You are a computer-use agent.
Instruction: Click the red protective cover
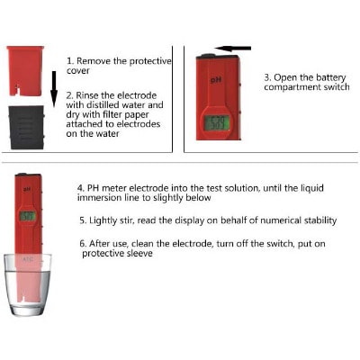click(25, 70)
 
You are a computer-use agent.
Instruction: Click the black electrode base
click(26, 127)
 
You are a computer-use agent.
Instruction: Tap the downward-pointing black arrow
click(54, 89)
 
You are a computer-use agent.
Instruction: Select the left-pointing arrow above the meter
click(233, 49)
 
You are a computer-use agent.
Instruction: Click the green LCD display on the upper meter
click(217, 122)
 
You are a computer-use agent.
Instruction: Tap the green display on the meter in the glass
click(27, 216)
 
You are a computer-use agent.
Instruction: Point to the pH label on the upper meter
click(216, 80)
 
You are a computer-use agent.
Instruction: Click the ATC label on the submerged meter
click(28, 259)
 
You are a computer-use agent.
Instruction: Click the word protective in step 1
click(150, 61)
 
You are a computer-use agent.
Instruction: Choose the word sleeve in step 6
click(139, 254)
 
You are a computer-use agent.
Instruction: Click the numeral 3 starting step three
click(267, 77)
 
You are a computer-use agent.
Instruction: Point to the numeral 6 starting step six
click(83, 244)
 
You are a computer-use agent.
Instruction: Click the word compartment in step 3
click(289, 87)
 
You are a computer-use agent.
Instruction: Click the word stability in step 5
click(320, 220)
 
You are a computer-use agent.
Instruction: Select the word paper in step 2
click(137, 115)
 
